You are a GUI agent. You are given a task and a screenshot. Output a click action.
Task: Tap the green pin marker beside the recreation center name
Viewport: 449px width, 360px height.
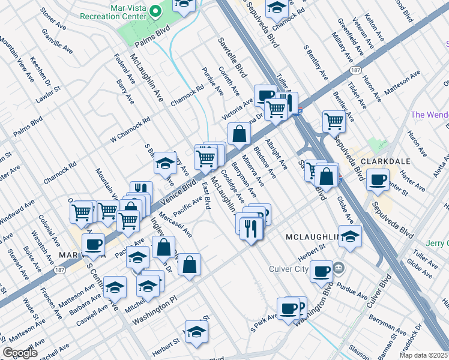click(156, 11)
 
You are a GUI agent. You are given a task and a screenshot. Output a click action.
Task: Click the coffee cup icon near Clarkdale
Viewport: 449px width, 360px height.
click(378, 179)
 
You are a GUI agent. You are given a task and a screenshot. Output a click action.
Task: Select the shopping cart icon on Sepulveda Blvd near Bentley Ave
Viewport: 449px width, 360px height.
click(334, 121)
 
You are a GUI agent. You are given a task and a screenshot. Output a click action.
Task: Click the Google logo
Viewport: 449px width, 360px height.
click(20, 353)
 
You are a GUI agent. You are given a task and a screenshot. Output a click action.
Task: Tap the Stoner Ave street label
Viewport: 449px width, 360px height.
click(53, 20)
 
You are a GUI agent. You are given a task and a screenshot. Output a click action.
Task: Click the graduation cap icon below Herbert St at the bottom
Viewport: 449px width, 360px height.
click(196, 332)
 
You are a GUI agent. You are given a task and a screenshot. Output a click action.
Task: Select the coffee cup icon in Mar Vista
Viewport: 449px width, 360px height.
click(94, 244)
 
